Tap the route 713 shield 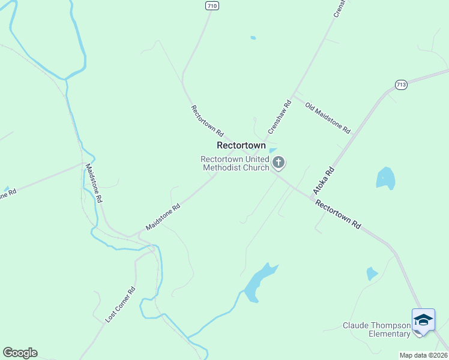[402, 85]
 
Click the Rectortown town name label [241, 146]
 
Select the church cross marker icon [278, 162]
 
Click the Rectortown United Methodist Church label [235, 163]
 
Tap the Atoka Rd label [322, 181]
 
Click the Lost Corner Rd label [121, 305]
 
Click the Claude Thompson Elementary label [377, 329]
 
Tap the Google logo [20, 353]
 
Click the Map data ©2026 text [423, 355]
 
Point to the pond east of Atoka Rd [385, 178]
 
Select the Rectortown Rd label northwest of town [207, 120]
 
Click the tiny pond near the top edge [253, 38]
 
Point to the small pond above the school [372, 274]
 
